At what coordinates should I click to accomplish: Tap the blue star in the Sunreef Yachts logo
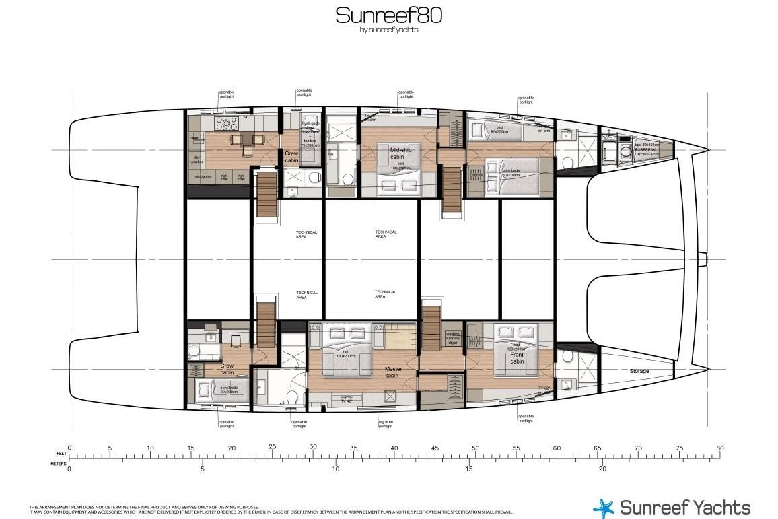pyautogui.click(x=604, y=508)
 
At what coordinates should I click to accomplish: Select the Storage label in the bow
pyautogui.click(x=639, y=371)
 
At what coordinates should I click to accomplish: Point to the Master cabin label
pyautogui.click(x=392, y=372)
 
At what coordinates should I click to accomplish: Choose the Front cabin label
pyautogui.click(x=516, y=358)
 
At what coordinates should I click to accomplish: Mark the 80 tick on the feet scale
pyautogui.click(x=720, y=448)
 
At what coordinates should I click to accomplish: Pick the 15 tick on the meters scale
pyautogui.click(x=469, y=469)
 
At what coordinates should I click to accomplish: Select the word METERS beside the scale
pyautogui.click(x=59, y=464)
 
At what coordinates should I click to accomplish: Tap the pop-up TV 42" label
pyautogui.click(x=347, y=399)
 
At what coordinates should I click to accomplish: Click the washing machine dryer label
pyautogui.click(x=452, y=338)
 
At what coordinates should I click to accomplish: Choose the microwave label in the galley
pyautogui.click(x=203, y=177)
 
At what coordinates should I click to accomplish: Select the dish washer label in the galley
pyautogui.click(x=197, y=160)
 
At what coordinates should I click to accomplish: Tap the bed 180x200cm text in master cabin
pyautogui.click(x=345, y=355)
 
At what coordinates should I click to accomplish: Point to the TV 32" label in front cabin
pyautogui.click(x=544, y=388)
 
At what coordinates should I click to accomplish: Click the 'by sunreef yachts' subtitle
pyautogui.click(x=389, y=30)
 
